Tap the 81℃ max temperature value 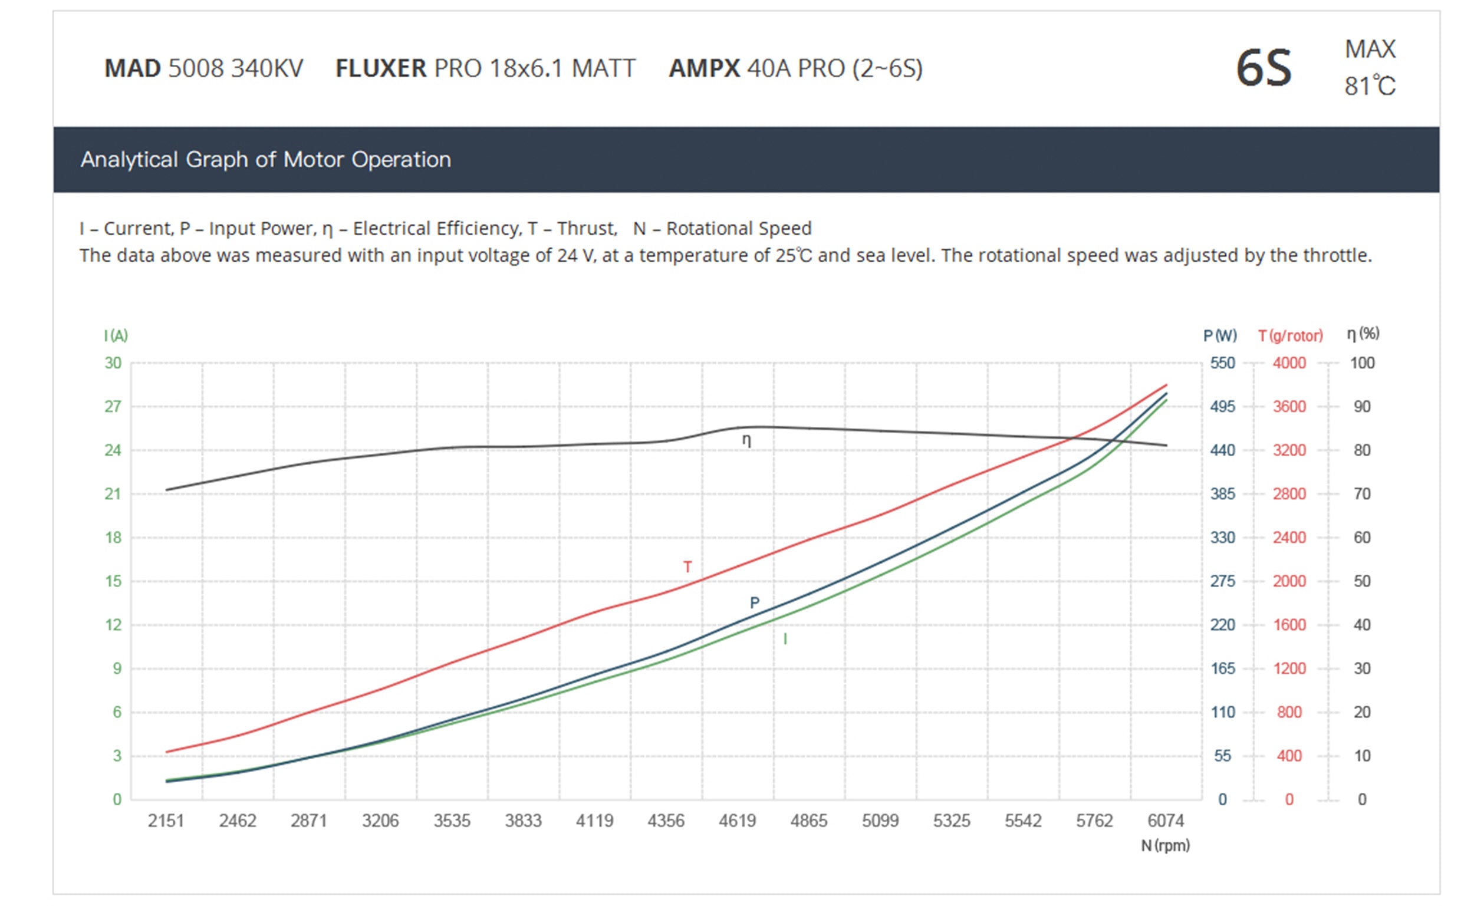[x=1370, y=86]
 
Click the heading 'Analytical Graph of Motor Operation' [x=265, y=159]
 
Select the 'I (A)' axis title [x=116, y=335]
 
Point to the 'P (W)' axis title [x=1219, y=335]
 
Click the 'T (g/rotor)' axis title [x=1290, y=335]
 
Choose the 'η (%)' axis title [x=1363, y=334]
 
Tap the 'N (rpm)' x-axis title [x=1165, y=845]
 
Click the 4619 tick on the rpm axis [x=737, y=821]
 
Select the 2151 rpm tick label [x=166, y=821]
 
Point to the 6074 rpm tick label [x=1166, y=821]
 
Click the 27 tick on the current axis [x=113, y=407]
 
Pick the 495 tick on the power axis [x=1222, y=407]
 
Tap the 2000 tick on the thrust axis [x=1289, y=581]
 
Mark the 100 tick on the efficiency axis [x=1362, y=363]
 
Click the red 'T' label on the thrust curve [x=687, y=567]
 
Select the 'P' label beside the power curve [x=754, y=603]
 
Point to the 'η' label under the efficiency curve [x=746, y=440]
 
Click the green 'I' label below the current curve [x=785, y=640]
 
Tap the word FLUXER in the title [x=380, y=68]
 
